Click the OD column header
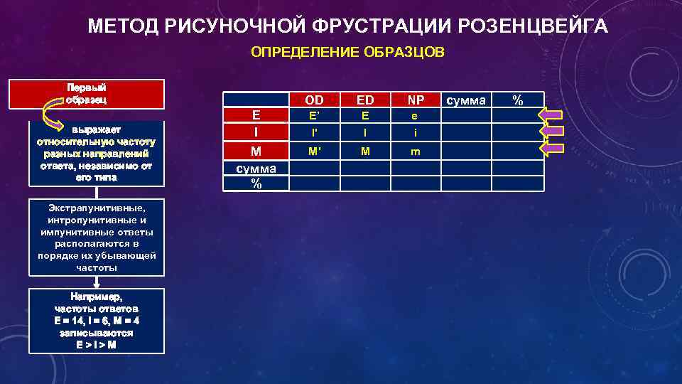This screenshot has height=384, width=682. tap(314, 101)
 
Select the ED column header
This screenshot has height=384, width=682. tap(365, 101)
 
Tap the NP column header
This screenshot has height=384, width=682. tap(416, 101)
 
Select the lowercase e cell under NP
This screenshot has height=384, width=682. tap(416, 117)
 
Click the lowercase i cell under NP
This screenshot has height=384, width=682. tap(416, 132)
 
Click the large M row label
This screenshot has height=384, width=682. tap(256, 151)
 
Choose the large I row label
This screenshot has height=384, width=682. tap(256, 133)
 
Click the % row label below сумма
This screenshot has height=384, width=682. tap(256, 183)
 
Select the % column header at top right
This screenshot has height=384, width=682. tap(519, 100)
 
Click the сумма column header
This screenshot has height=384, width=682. tap(466, 101)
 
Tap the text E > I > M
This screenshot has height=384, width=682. tap(97, 345)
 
